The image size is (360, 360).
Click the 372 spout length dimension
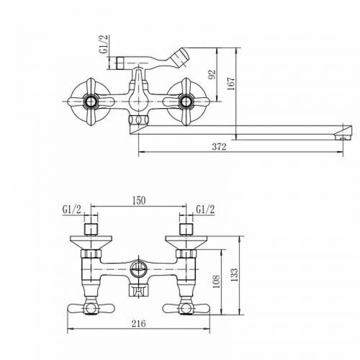pos(219,147)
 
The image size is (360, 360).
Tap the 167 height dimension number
pos(231,84)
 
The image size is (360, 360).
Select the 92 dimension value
pos(212,75)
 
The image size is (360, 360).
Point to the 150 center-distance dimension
pos(139,201)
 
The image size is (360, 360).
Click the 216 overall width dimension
pos(138,323)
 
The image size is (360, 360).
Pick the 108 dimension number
pos(216,282)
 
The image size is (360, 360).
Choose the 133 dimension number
pos(234,274)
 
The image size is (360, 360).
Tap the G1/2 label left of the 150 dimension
pos(72,210)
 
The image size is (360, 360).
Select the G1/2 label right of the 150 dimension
pos(205,210)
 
